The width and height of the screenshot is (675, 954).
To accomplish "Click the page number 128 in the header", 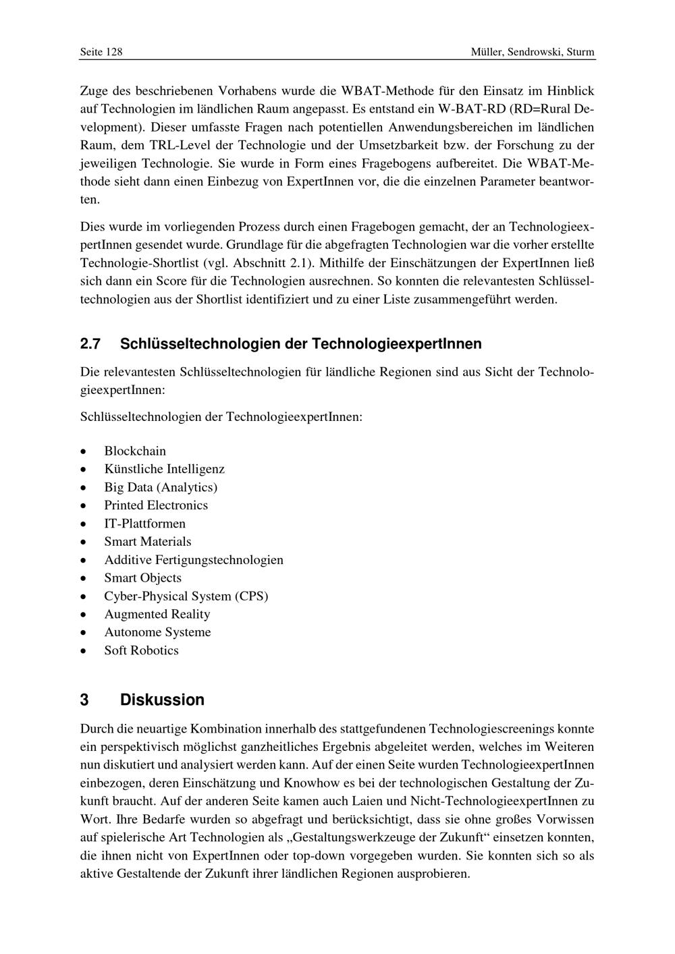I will point(113,52).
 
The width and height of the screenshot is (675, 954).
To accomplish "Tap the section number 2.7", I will point(90,344).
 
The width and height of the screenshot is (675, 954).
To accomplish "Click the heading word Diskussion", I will point(162,700).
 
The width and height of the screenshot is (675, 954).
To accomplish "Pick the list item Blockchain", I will point(135,451).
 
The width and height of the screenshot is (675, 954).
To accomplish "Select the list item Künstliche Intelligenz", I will point(164,469).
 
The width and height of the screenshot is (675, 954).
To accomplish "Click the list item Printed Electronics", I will point(156,505).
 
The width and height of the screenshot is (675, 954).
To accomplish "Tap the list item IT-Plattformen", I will point(144,524).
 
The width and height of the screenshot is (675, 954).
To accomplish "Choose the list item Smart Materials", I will point(147,542).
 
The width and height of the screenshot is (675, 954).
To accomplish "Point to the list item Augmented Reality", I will point(157,614).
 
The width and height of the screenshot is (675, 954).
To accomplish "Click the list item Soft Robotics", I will point(141,650).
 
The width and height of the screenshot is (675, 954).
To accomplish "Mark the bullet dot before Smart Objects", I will point(83,578).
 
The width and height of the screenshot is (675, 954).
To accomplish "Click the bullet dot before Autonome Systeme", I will point(83,633).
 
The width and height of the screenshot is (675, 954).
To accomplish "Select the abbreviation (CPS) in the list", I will point(251,596).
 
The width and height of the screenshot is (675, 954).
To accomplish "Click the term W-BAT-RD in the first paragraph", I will point(471,109).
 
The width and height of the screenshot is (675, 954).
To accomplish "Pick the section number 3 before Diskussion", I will point(84,700).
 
